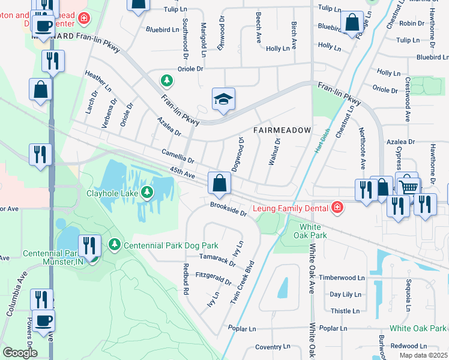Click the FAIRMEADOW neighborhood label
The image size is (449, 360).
coord(282,130)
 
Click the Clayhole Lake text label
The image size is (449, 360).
coord(108,193)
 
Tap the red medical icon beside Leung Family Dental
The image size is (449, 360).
coord(338,208)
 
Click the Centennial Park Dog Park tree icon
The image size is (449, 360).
coord(114,244)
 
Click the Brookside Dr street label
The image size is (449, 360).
coord(228,209)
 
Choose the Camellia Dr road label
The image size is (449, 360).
coord(178,157)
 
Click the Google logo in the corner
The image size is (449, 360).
coord(20,353)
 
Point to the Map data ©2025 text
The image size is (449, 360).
coord(423,355)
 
